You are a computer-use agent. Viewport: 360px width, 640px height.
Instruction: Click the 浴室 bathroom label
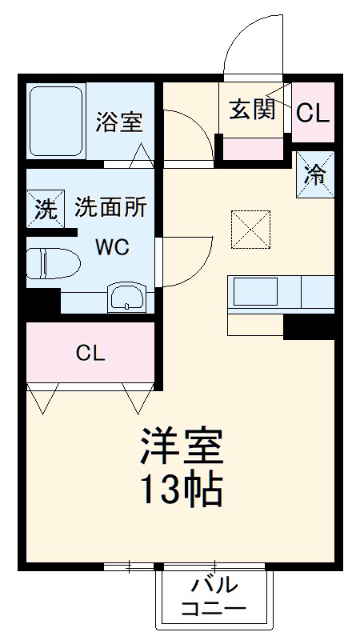tap(119, 122)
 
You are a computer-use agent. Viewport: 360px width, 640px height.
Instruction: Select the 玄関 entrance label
tap(253, 109)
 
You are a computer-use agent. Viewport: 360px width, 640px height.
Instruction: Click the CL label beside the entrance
tap(312, 113)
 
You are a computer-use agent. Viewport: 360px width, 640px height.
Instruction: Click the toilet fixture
tap(50, 264)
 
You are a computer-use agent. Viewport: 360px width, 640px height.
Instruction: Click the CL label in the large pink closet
tap(90, 353)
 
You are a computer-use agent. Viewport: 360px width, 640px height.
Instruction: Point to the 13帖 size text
tap(181, 490)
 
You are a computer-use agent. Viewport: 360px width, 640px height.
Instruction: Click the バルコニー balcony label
tap(213, 595)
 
